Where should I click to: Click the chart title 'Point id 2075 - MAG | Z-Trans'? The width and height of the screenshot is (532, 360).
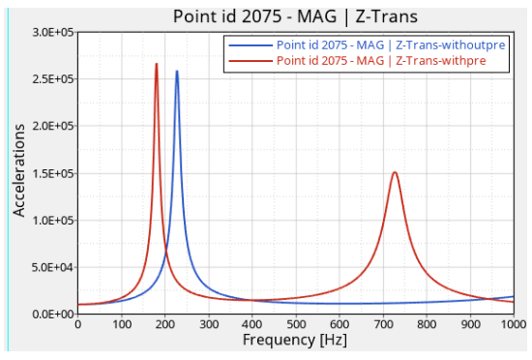(x=295, y=16)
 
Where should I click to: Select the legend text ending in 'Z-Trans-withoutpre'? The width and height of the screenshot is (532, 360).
(x=391, y=45)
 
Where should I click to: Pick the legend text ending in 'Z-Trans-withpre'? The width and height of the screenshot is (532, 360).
(x=381, y=61)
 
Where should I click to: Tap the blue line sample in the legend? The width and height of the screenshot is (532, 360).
(x=251, y=45)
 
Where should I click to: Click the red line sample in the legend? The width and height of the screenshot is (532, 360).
(x=251, y=61)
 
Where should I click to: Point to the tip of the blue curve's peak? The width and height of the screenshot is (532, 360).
(x=177, y=71)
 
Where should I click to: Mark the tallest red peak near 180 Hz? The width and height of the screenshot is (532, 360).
(x=157, y=64)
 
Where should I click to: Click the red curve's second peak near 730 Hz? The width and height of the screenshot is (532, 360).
(x=395, y=172)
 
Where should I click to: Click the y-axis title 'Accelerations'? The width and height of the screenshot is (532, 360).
(x=19, y=170)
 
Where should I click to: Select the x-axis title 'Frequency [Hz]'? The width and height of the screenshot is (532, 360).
(x=295, y=340)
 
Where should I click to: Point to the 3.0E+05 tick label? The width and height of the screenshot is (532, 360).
(x=53, y=33)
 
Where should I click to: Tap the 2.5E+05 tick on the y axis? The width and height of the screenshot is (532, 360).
(x=53, y=79)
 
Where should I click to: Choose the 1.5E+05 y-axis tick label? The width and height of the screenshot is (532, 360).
(x=53, y=174)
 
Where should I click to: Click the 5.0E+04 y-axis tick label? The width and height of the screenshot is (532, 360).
(x=53, y=267)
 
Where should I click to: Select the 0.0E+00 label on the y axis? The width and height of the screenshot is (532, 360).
(x=53, y=315)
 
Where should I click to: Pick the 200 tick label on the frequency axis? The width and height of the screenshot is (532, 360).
(x=164, y=325)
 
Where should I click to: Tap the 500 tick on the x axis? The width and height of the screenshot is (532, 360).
(x=296, y=325)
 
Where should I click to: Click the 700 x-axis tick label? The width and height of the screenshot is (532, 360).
(x=383, y=325)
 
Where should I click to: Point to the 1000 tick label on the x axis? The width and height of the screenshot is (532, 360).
(x=514, y=325)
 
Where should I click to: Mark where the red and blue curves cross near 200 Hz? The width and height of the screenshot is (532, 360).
(x=166, y=252)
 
